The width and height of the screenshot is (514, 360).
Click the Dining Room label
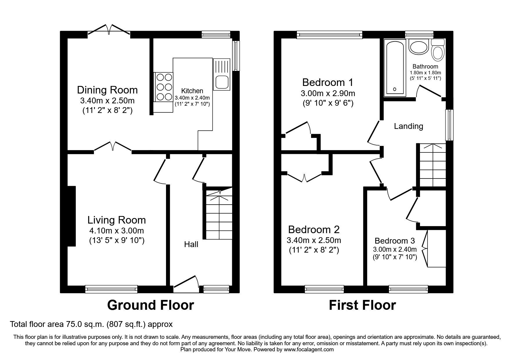pos(107,90)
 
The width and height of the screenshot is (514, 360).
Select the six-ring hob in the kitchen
pos(164,87)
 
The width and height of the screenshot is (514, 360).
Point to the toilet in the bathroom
pos(438,51)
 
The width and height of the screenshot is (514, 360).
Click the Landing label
pos(408,126)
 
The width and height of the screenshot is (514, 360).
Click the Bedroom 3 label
pos(394,241)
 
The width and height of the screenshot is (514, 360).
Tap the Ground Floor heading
pos(150,305)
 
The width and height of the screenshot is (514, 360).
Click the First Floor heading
pos(362,305)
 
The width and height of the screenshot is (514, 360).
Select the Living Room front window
pos(111,289)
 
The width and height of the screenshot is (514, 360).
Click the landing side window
pos(449,125)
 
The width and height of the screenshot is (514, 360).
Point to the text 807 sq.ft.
pos(131,324)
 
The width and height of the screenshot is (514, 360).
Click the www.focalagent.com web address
pos(309,350)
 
